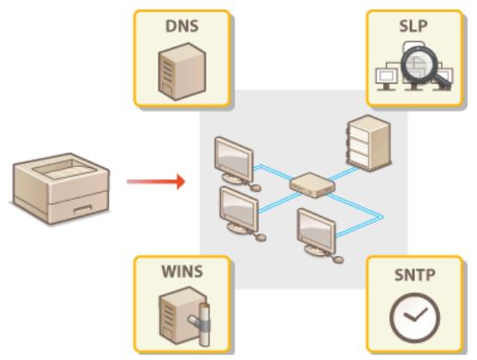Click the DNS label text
(182, 26)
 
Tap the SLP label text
(413, 26)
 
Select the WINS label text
(182, 271)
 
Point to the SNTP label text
(414, 275)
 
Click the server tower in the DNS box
(182, 71)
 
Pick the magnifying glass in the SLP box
(424, 66)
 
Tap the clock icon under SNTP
(414, 318)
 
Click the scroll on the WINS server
(202, 325)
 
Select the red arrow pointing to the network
(156, 182)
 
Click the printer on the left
(61, 189)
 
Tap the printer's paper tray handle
(83, 209)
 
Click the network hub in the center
(313, 185)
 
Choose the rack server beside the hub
(369, 143)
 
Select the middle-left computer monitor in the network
(238, 210)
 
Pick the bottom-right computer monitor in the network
(316, 232)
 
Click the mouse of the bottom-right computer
(338, 259)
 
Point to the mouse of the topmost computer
(256, 188)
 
